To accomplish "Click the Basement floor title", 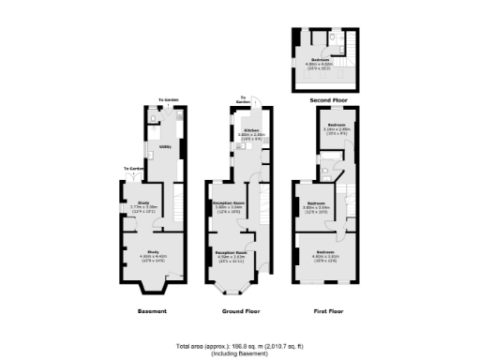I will click(x=153, y=311).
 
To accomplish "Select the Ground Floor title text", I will click(x=239, y=311).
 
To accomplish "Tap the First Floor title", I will click(x=329, y=311).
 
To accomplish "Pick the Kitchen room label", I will click(x=250, y=130).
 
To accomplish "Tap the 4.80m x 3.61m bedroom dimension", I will click(x=325, y=256).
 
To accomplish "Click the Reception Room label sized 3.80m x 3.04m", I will click(x=229, y=202).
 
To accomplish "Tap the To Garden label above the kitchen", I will click(x=244, y=98).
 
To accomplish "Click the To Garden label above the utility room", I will click(x=168, y=99).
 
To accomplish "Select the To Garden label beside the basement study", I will click(x=133, y=170).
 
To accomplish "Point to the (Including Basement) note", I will click(x=240, y=353).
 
